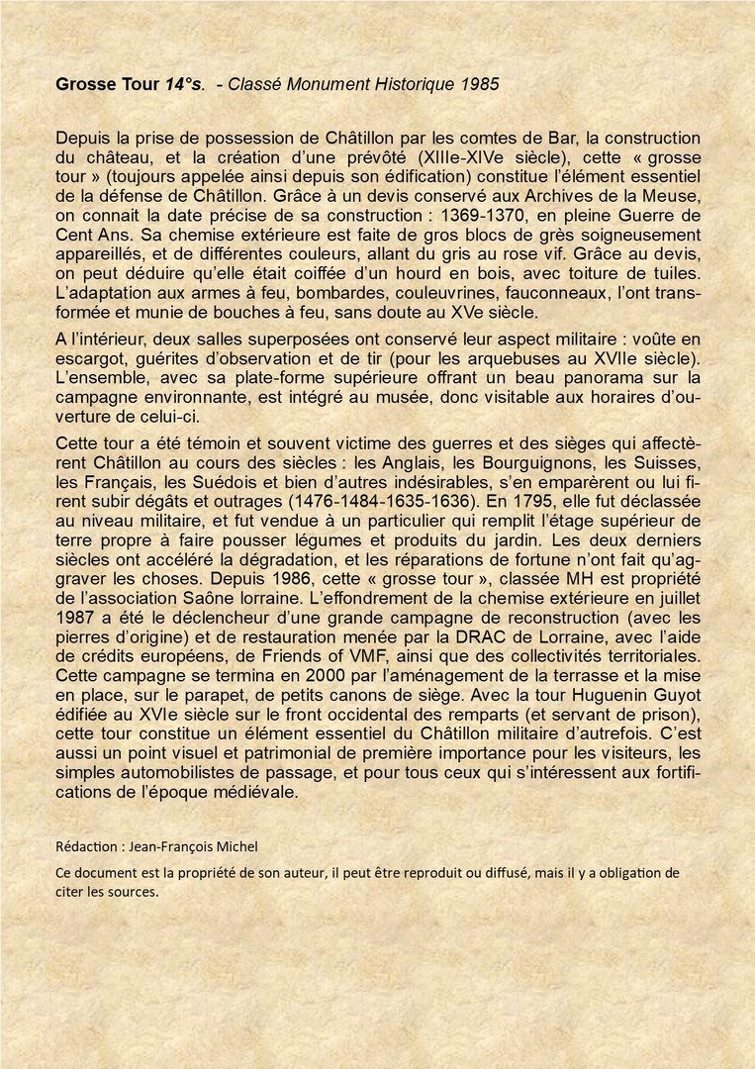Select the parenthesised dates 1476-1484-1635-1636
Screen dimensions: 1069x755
(400, 501)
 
